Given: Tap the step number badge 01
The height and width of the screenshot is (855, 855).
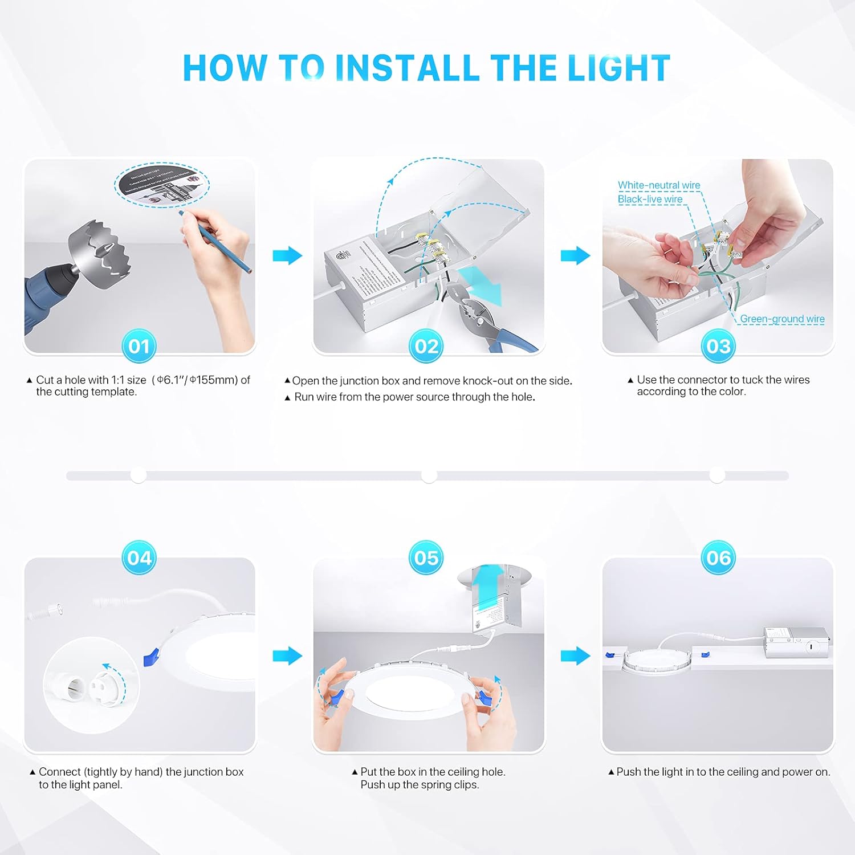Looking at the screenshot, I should (x=139, y=346).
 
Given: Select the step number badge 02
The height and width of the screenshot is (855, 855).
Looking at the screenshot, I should (x=426, y=346).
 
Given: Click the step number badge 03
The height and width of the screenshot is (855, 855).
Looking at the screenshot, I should (x=718, y=346).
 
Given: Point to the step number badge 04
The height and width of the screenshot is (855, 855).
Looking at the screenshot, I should (x=139, y=557).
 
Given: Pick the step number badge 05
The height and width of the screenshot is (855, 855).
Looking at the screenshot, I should (x=426, y=557).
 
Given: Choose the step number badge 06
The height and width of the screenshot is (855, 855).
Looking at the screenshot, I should (x=718, y=557).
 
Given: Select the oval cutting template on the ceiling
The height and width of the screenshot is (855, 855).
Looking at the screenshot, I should (x=162, y=184).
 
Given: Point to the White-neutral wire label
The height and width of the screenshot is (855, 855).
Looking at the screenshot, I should (x=659, y=185).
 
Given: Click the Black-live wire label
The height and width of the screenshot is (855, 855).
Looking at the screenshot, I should (x=650, y=199).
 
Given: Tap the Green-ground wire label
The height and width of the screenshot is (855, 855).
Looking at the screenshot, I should (x=782, y=319).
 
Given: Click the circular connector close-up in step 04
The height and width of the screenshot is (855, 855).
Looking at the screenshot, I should (x=91, y=684).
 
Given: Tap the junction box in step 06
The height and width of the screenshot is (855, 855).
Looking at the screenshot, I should (x=796, y=642).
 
